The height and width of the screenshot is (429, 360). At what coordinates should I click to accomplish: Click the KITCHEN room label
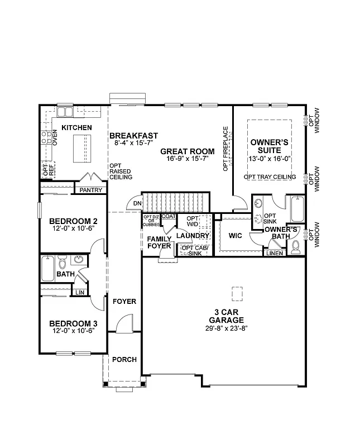click(x=76, y=128)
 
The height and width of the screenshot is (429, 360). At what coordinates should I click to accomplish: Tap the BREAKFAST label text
click(x=133, y=136)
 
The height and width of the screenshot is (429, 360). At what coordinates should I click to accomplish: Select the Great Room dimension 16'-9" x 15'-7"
click(x=187, y=159)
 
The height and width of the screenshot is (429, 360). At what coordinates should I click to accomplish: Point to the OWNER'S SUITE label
click(x=269, y=146)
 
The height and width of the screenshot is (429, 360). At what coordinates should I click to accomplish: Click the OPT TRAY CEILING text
click(x=270, y=177)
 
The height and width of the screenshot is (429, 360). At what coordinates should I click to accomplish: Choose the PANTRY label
click(x=90, y=190)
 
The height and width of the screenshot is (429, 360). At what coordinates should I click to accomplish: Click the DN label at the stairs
click(x=137, y=203)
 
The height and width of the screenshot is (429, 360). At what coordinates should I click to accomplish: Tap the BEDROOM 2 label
click(x=73, y=220)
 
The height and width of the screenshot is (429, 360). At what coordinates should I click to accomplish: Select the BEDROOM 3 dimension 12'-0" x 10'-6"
click(x=73, y=331)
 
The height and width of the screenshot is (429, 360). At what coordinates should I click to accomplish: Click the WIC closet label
click(x=236, y=235)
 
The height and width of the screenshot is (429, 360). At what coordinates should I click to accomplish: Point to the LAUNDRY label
click(x=193, y=236)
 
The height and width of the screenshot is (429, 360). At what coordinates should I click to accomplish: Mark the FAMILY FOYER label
click(x=159, y=242)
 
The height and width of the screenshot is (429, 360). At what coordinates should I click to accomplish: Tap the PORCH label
click(x=124, y=359)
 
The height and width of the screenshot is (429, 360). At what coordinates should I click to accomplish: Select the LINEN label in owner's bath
click(x=275, y=253)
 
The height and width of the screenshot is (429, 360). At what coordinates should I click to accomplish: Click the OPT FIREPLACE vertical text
click(x=226, y=149)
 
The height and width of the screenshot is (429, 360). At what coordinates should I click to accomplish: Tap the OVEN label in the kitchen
click(x=55, y=137)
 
